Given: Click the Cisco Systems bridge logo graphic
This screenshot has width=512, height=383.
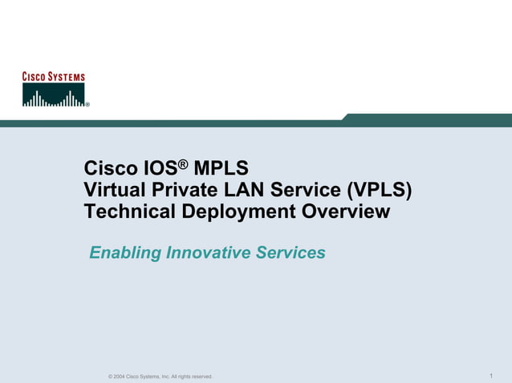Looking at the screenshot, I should [53, 95].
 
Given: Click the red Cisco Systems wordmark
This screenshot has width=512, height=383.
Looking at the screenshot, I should [53, 77].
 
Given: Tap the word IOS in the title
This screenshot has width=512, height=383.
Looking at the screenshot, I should [159, 170].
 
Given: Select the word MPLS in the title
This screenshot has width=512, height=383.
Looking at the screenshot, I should [221, 170].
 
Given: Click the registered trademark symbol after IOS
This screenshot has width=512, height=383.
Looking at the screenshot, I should [183, 164].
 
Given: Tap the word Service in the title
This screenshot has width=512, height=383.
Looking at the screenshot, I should [302, 191].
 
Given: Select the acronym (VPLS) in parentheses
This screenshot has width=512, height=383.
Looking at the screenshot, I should [380, 191].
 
